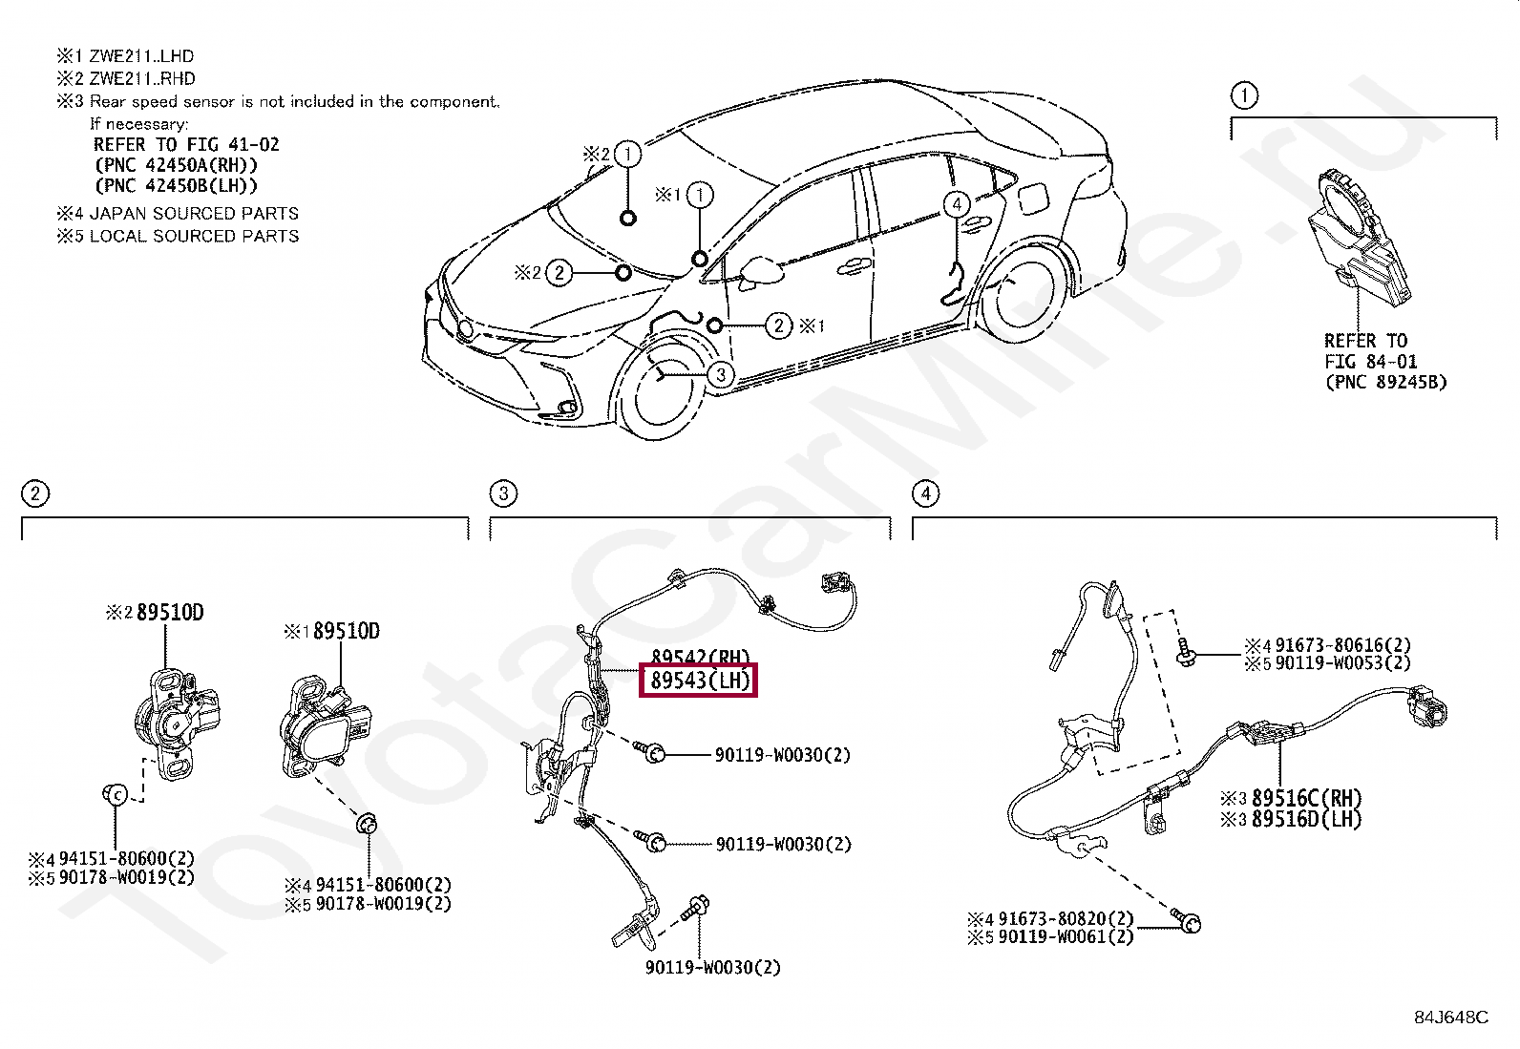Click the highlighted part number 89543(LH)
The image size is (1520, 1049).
698,681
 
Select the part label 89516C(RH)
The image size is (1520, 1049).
1306,798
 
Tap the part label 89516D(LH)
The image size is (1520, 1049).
1306,819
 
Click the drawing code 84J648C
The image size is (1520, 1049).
1450,1017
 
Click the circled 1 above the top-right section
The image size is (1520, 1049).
1244,95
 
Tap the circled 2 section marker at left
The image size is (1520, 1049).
34,493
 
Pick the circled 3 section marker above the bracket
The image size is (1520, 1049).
502,493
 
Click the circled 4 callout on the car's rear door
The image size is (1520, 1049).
956,203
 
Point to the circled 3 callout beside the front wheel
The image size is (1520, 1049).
721,374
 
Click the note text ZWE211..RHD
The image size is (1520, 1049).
141,78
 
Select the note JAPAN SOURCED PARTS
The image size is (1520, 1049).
193,214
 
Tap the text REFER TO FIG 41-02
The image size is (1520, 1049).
186,145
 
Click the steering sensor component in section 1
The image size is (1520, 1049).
1357,239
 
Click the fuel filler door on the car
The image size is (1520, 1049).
1033,199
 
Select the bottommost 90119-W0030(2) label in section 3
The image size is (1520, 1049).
712,967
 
